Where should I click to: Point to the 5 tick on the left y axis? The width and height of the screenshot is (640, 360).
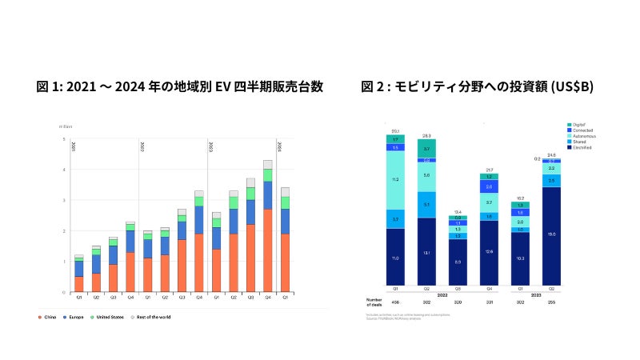point(63,139)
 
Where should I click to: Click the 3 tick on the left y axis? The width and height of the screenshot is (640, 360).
point(63,200)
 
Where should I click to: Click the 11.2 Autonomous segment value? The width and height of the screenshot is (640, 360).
point(395,181)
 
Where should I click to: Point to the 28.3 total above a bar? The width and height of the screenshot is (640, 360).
point(426,136)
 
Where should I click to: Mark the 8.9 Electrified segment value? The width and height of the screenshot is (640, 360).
point(458,262)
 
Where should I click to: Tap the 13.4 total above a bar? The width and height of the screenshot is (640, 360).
point(458,212)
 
